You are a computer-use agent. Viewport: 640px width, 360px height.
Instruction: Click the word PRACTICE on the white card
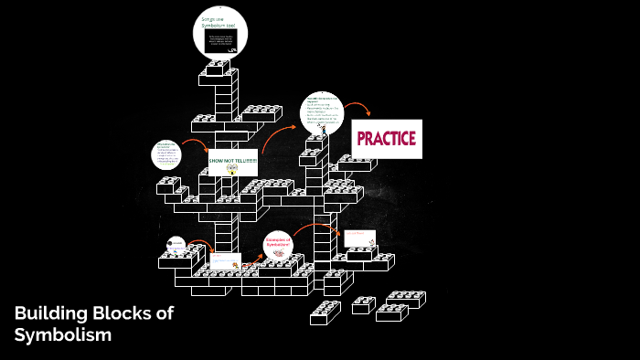tap(386, 139)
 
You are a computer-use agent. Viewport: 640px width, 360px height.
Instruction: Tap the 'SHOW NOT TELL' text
tap(233, 161)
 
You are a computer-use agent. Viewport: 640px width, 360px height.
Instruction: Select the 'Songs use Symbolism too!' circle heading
tap(220, 23)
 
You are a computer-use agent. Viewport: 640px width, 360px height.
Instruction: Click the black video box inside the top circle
tap(220, 41)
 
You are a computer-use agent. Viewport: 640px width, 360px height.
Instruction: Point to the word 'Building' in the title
tap(51, 314)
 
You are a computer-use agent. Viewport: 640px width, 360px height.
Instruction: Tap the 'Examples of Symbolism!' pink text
tap(277, 242)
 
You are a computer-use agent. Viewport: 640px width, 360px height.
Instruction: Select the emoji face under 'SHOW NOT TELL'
tap(232, 169)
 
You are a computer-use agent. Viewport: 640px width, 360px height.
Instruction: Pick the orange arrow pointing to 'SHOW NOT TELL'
tap(194, 143)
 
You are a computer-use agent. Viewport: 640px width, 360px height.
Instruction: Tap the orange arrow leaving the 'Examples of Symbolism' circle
tap(311, 228)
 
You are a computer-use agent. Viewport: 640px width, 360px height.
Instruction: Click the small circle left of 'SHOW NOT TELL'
tap(166, 155)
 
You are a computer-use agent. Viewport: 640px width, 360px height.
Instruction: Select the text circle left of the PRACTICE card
tap(326, 114)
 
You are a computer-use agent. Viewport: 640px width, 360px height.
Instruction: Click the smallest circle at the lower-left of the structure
tap(176, 245)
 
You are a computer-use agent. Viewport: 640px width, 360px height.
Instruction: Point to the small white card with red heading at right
tap(359, 238)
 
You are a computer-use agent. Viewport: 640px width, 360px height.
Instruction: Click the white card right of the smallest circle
tap(225, 261)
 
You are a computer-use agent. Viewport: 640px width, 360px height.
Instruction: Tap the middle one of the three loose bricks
tap(363, 304)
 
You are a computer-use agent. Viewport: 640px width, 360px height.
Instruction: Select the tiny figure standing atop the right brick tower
tap(324, 131)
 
